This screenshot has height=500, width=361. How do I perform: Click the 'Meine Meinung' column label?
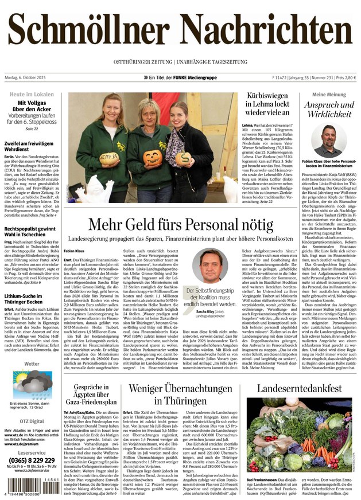(329, 94)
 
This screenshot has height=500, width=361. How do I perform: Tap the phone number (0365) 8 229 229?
(32, 460)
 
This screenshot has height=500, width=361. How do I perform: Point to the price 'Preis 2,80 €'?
(346, 77)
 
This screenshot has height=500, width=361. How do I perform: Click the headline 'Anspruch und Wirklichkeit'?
(329, 110)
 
